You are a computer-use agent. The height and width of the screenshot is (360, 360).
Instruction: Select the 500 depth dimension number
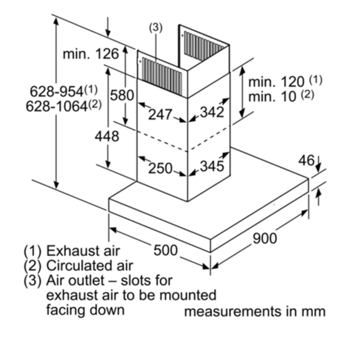pos(166,250)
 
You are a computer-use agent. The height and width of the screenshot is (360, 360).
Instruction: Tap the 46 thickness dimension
pos(306,161)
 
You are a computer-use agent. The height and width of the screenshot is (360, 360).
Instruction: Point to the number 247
pos(160,115)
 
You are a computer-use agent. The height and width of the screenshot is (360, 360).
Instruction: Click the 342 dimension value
pos(212,112)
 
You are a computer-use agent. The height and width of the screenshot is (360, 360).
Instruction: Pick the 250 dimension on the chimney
pos(160,168)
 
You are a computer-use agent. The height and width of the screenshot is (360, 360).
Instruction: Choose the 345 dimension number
pos(212,166)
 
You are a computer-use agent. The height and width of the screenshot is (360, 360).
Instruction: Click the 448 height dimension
pos(107,137)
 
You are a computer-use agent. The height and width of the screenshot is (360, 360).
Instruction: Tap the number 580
pos(121,96)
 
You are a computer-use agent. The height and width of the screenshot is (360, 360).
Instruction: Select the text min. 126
pos(91,54)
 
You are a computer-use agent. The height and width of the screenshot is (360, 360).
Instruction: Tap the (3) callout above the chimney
pos(156,27)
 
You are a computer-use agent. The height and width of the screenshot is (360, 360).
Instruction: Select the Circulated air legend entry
pos(89,265)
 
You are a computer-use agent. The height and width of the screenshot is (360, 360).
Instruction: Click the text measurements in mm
pos(255,311)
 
